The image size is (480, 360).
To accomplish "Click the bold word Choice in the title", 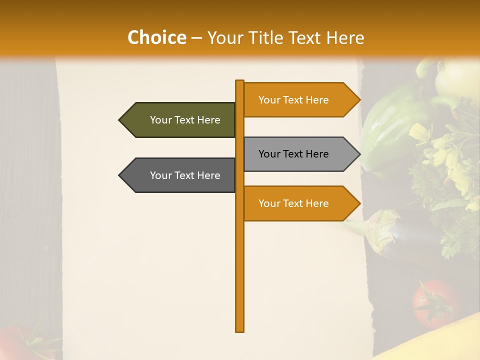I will click(156, 37).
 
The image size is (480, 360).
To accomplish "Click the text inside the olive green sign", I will click(185, 120).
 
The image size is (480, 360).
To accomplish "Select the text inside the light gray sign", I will click(293, 154).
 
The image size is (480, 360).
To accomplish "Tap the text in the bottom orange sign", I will click(293, 203).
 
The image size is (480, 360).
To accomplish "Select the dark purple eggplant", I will click(415, 240).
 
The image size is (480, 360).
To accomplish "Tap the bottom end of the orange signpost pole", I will click(239, 330).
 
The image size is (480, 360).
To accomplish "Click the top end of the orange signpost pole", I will click(239, 82).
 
